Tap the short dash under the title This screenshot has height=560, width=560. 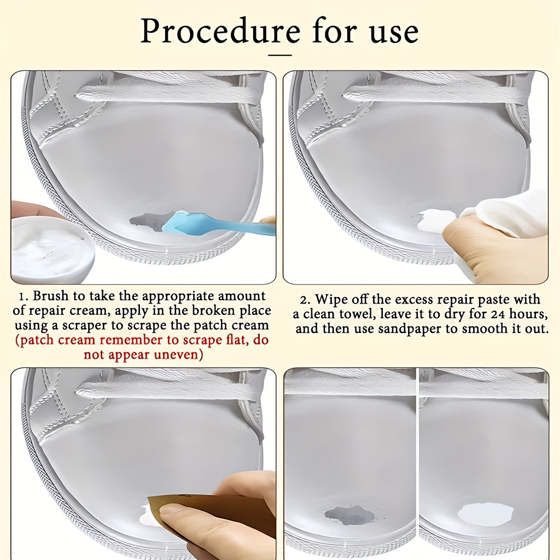[280, 55]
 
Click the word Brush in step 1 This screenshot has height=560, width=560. [50, 296]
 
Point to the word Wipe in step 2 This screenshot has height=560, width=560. [332, 299]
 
